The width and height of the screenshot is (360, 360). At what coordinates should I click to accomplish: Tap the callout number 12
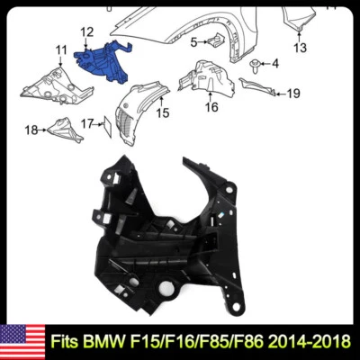(86, 32)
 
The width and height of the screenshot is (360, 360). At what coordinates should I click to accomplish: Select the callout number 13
(299, 47)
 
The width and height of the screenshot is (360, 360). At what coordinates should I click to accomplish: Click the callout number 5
(193, 41)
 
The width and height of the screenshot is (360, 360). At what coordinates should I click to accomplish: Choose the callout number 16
(211, 107)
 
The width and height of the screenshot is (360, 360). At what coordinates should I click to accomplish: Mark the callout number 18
(31, 130)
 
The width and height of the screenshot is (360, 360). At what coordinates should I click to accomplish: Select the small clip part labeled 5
(216, 40)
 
